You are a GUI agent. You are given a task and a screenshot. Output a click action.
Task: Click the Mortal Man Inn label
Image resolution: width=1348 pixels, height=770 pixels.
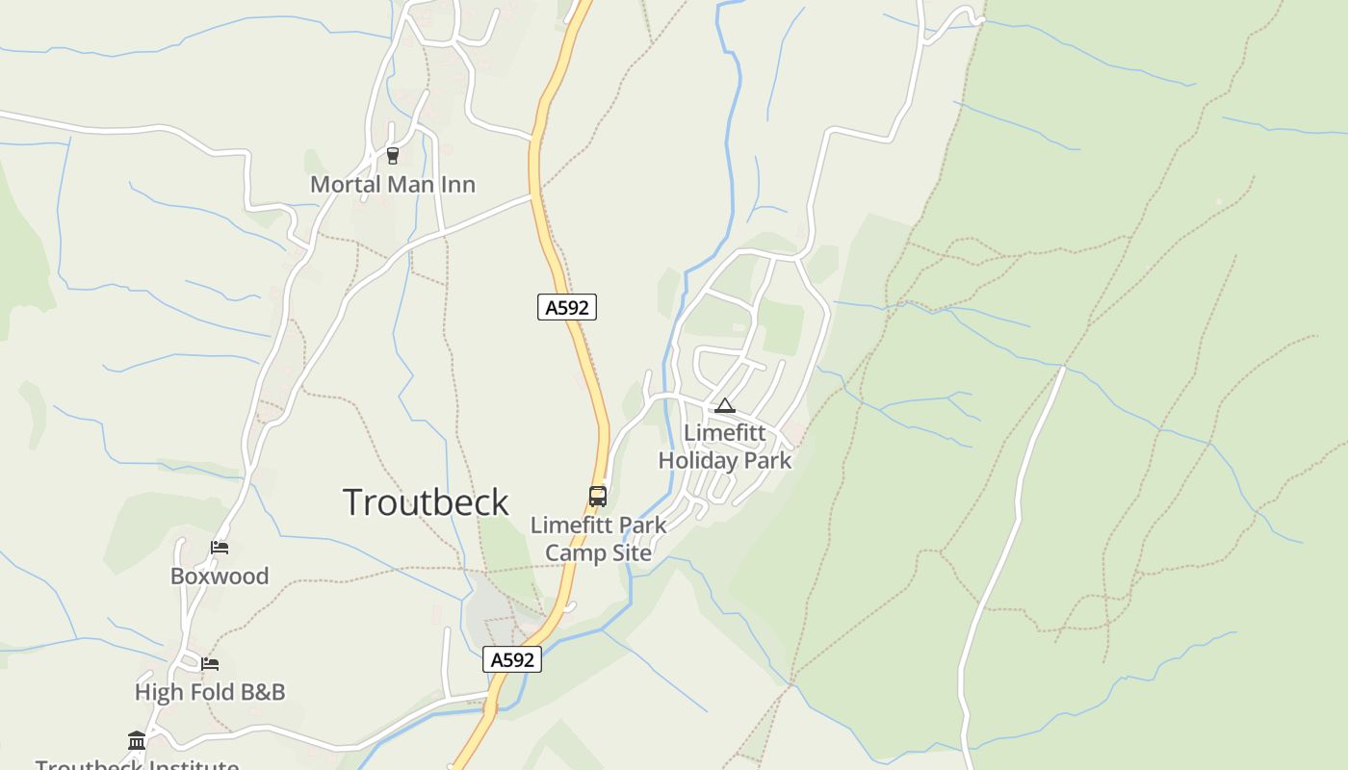[x=393, y=184]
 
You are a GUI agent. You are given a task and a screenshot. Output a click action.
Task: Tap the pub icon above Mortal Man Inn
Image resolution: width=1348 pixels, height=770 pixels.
[x=392, y=155]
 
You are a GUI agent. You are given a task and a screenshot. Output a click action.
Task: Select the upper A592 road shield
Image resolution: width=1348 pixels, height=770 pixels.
[x=567, y=307]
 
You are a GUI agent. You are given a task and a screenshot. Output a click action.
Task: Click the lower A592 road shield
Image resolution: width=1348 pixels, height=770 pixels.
[x=512, y=659]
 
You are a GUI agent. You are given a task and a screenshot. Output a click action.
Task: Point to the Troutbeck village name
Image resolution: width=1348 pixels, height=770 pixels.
[x=426, y=502]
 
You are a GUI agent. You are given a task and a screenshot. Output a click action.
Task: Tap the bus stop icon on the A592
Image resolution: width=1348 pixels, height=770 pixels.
[x=598, y=497]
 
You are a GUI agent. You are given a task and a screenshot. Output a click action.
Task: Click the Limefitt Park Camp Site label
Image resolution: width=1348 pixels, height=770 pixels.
[x=598, y=539]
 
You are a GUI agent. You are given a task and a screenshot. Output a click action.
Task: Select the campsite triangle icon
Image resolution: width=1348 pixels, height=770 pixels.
[x=725, y=406]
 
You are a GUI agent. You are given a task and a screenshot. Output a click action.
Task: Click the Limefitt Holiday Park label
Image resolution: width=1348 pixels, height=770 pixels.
[x=725, y=447]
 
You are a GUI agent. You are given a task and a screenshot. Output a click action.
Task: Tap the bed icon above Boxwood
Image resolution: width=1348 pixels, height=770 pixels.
[x=220, y=548]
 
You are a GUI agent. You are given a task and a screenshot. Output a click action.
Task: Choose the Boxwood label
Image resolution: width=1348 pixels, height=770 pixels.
[x=220, y=576]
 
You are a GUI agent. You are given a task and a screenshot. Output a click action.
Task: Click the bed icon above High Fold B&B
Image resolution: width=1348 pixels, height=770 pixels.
[x=210, y=663]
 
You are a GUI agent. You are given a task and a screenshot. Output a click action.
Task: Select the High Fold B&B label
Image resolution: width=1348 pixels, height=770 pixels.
[x=210, y=692]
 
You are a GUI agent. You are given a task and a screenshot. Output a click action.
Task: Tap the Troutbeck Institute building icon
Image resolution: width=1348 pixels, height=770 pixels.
[x=137, y=740]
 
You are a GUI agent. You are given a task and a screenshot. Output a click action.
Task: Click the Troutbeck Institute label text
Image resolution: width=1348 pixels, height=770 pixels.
[x=137, y=764]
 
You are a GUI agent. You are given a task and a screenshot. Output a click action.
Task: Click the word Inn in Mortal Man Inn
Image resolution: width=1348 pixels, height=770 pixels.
[x=457, y=184]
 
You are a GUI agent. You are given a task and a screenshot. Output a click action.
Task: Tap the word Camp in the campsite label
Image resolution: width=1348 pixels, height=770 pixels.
[x=575, y=552]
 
